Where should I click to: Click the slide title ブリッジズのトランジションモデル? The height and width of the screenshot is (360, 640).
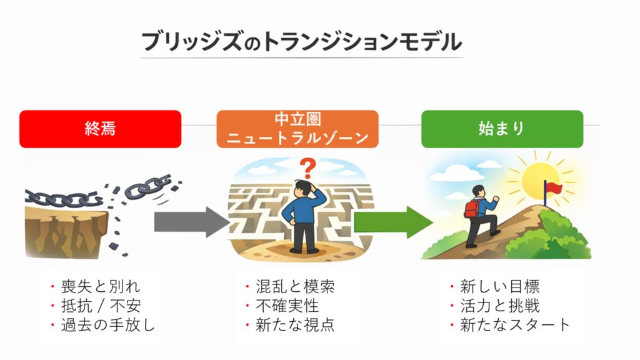[301, 41]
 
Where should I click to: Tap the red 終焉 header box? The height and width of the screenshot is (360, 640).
[100, 129]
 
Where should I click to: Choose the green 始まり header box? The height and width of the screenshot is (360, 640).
[502, 129]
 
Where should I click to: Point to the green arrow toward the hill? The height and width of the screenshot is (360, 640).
[393, 222]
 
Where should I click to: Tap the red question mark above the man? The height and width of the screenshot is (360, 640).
[306, 167]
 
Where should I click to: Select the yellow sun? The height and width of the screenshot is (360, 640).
[541, 178]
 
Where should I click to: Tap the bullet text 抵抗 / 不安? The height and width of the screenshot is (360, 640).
[101, 306]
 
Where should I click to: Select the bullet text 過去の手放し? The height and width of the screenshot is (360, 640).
[107, 324]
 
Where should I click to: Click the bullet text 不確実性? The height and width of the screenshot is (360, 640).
[287, 306]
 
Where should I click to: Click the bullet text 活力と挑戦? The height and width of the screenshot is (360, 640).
[499, 306]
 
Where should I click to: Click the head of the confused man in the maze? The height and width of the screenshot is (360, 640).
[304, 187]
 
